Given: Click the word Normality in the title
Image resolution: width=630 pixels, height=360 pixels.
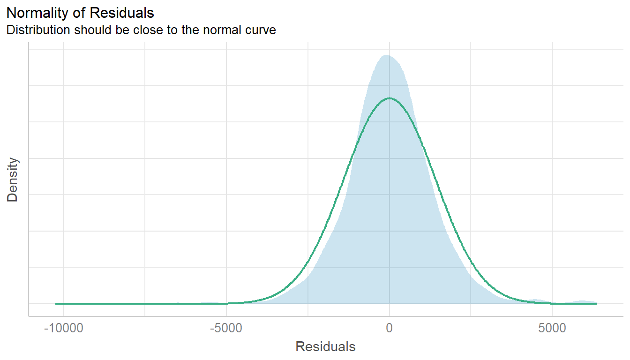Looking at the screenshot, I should (34, 13).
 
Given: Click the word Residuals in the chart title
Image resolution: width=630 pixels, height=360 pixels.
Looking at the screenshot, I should (127, 13).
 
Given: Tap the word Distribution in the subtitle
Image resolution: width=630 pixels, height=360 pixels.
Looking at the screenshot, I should (36, 30).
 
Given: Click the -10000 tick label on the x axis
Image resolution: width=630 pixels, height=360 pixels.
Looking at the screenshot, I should (63, 328).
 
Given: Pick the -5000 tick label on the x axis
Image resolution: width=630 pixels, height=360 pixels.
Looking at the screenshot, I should (226, 328).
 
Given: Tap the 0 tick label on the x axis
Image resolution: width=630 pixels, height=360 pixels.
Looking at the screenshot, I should (389, 328).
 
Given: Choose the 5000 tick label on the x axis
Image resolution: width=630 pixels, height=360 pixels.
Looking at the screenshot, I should (552, 328).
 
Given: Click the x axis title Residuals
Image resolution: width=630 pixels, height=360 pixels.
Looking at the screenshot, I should (325, 347).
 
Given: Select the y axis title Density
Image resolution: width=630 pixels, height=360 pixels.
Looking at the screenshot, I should (13, 180).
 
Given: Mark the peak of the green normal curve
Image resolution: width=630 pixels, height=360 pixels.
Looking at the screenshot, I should (389, 98).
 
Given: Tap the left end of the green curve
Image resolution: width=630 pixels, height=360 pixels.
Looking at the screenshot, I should (56, 304).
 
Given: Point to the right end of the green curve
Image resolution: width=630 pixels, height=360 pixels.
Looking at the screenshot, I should (596, 304).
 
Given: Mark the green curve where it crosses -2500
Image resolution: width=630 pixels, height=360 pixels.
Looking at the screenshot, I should (308, 265).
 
